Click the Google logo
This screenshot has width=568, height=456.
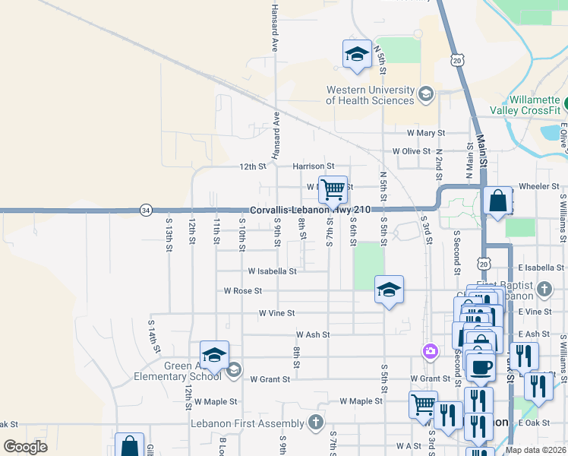tap(25, 447)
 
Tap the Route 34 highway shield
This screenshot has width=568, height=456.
tap(145, 210)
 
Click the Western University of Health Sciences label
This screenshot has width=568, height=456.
tap(371, 95)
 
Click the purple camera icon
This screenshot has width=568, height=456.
tap(431, 350)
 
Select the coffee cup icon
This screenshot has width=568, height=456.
tap(480, 367)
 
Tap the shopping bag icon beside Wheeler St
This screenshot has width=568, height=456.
tap(498, 201)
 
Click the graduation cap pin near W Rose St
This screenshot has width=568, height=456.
tap(389, 290)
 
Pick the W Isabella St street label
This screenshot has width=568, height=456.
tap(272, 271)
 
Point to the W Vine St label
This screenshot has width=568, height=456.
tap(276, 313)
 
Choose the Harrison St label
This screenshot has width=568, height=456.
tap(314, 166)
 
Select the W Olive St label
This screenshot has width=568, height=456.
tap(412, 151)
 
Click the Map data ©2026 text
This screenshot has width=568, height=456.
tap(535, 450)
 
